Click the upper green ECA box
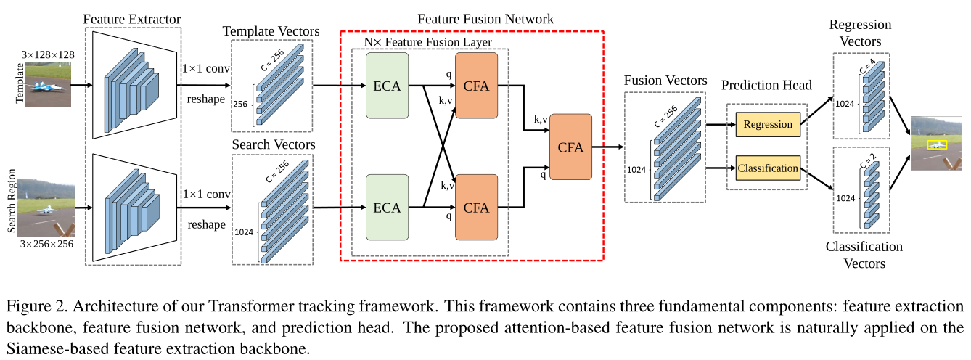[387, 86]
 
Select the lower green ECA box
[387, 208]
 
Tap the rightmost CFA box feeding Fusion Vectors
[570, 147]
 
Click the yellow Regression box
[768, 124]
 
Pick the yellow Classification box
[768, 168]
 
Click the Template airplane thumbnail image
[48, 85]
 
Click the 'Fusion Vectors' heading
[665, 80]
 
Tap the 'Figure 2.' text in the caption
[32, 303]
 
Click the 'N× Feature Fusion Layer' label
[428, 42]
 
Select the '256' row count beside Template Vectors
[239, 105]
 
